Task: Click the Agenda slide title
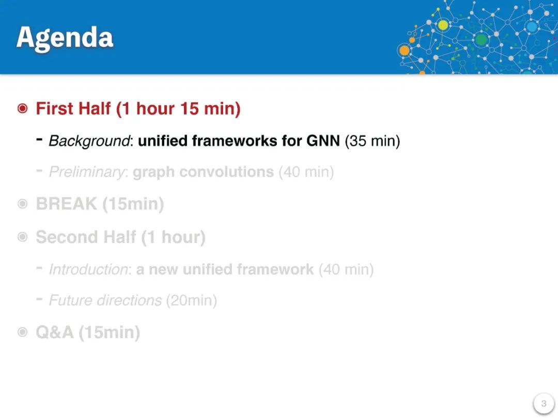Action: click(65, 38)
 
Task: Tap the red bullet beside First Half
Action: click(22, 108)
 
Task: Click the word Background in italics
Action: click(89, 141)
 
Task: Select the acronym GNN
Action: click(323, 141)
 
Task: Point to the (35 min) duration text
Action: click(372, 141)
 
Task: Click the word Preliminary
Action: click(87, 172)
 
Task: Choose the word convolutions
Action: click(227, 172)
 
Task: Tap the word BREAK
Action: click(67, 204)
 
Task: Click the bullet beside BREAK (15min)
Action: click(22, 204)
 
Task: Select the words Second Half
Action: click(86, 237)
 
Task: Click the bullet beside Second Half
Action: click(22, 237)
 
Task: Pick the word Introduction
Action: click(88, 269)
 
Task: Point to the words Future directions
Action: click(105, 300)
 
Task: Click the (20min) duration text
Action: click(192, 300)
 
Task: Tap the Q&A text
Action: click(55, 333)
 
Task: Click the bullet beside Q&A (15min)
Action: click(22, 332)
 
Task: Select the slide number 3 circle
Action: click(544, 404)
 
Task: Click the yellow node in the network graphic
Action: click(443, 25)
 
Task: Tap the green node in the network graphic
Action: click(481, 39)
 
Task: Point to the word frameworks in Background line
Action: click(235, 141)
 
